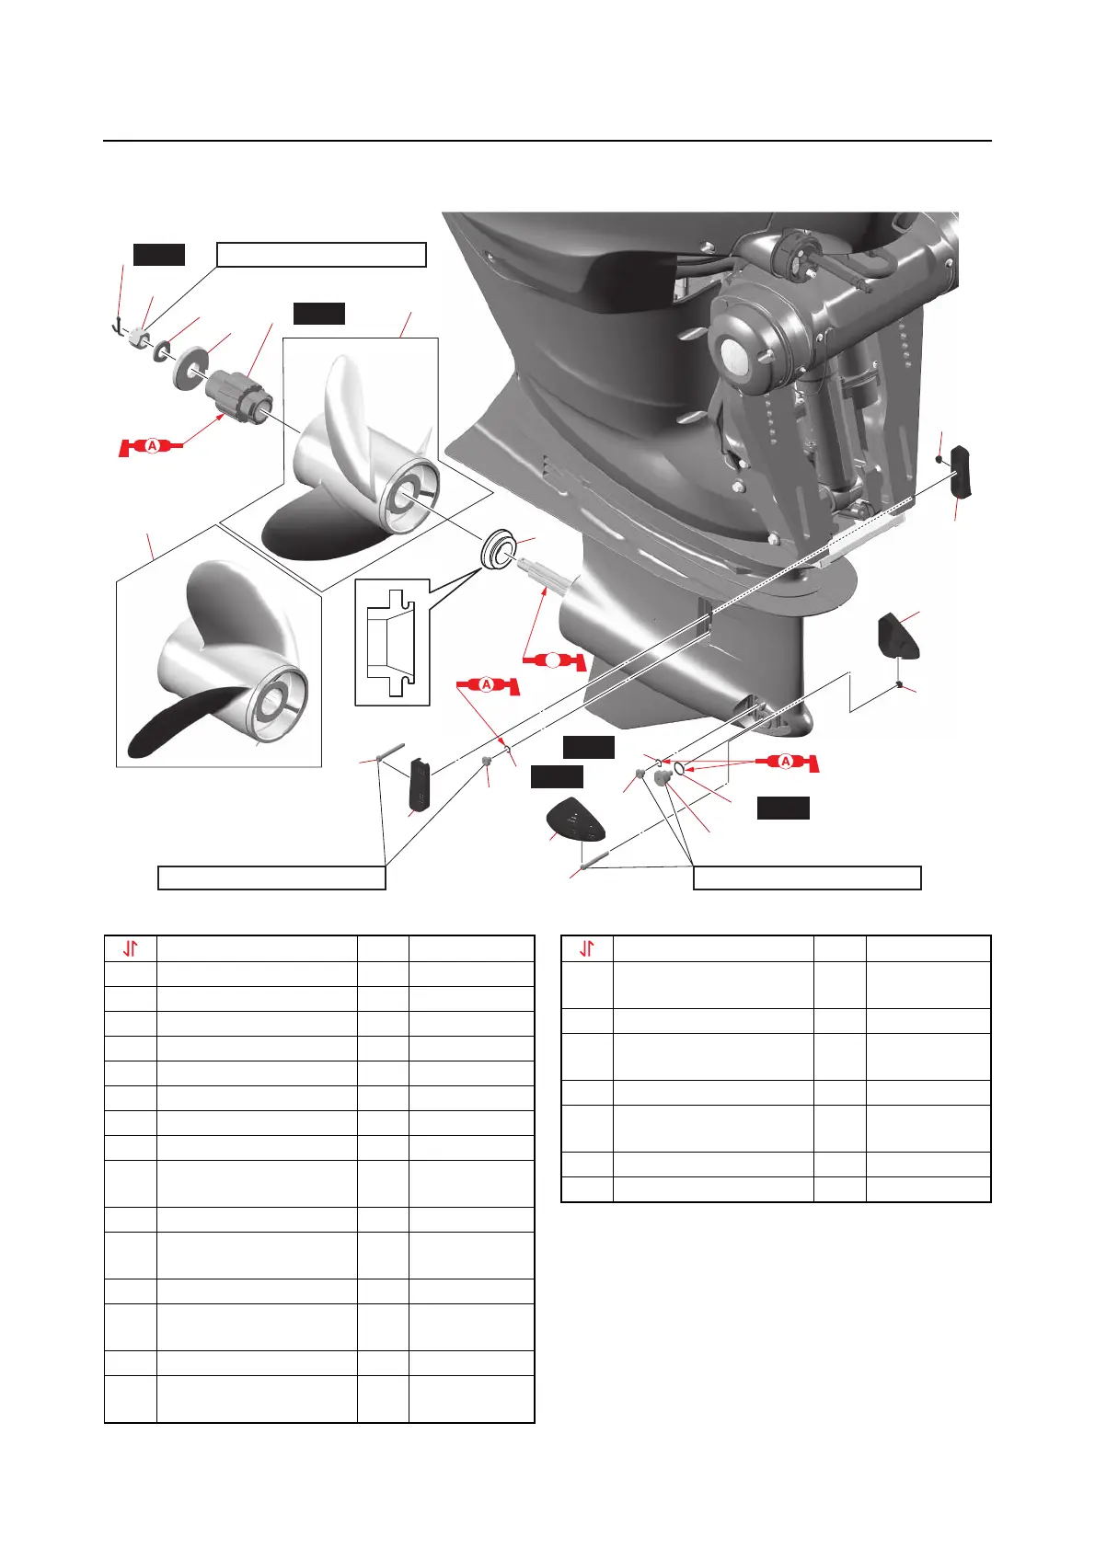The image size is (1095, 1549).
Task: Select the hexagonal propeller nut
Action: [x=140, y=337]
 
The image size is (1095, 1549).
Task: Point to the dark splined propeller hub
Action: [x=239, y=395]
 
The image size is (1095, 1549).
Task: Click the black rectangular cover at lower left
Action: [x=419, y=784]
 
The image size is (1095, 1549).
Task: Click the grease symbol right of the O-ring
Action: [x=787, y=763]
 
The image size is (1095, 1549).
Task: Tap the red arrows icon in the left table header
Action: [x=131, y=948]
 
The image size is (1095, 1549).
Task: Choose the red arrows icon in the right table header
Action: [x=586, y=948]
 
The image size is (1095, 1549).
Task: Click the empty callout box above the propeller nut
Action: [x=321, y=255]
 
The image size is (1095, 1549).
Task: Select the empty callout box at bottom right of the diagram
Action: [x=806, y=878]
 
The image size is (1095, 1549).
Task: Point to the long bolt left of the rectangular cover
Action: [x=390, y=752]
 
